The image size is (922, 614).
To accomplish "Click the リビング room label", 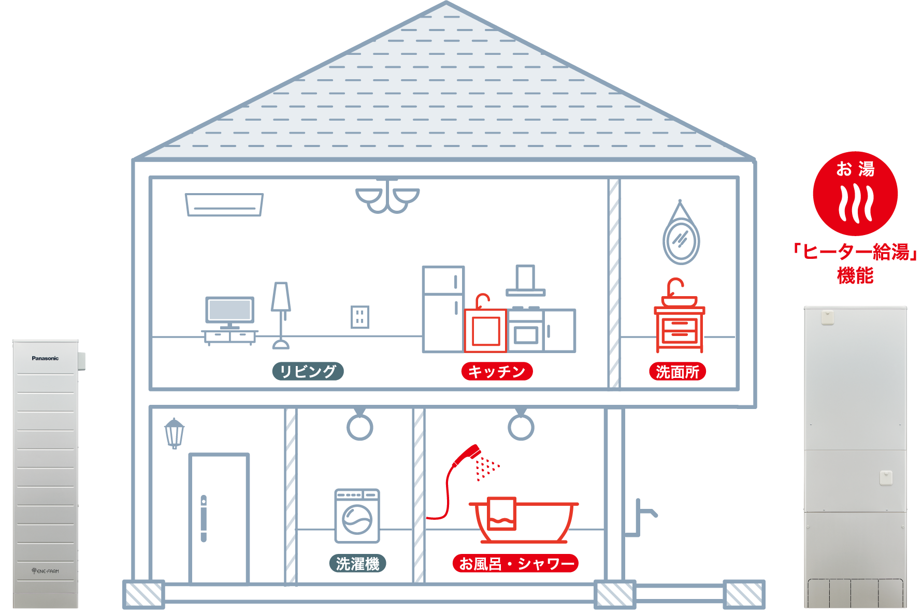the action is pyautogui.click(x=308, y=371).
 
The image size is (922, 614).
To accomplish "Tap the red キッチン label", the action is pyautogui.click(x=497, y=371).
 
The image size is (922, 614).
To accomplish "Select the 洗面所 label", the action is pyautogui.click(x=678, y=371).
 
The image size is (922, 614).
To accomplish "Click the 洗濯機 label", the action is pyautogui.click(x=358, y=563).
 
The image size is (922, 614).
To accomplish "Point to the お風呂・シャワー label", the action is pyautogui.click(x=515, y=563).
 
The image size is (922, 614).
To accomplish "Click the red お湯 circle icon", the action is pyautogui.click(x=855, y=194).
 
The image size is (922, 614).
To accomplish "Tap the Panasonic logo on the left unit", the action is pyautogui.click(x=45, y=358).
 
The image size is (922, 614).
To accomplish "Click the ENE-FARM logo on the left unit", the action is pyautogui.click(x=45, y=571).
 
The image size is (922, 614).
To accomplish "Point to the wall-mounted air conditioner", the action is pyautogui.click(x=224, y=204).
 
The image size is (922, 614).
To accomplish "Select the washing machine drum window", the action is pyautogui.click(x=357, y=519).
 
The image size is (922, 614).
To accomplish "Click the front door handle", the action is pyautogui.click(x=204, y=518).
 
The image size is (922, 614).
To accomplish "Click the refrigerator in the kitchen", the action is pyautogui.click(x=443, y=309).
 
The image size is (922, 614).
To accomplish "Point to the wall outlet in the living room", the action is pyautogui.click(x=360, y=317).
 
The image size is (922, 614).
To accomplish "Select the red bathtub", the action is pyautogui.click(x=524, y=521).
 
